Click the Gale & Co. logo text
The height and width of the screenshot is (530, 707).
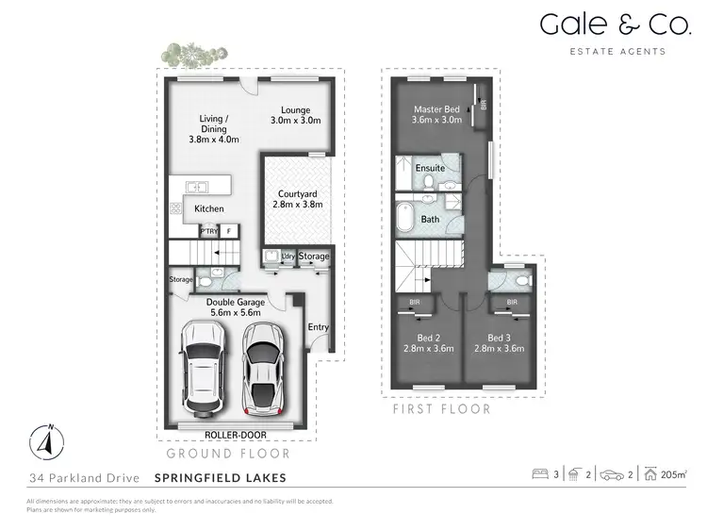tap(602, 25)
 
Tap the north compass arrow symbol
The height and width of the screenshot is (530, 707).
tap(45, 439)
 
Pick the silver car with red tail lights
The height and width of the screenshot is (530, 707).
tap(262, 369)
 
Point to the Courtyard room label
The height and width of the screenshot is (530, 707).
tap(301, 193)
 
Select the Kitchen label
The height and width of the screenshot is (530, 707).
tap(209, 208)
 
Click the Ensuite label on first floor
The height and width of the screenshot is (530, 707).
tap(430, 169)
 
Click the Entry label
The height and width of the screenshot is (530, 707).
tap(319, 327)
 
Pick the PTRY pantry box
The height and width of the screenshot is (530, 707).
tap(208, 229)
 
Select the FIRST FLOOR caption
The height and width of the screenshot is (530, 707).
tap(441, 410)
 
